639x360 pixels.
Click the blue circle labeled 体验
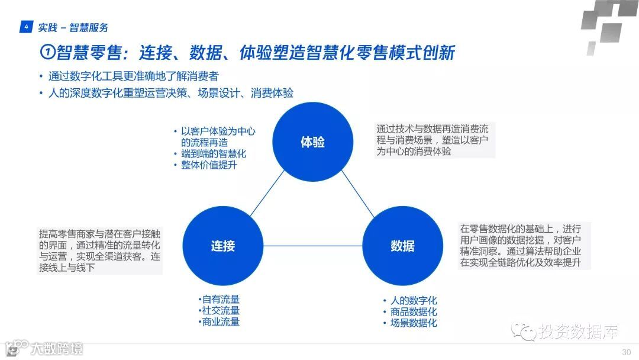pos(312,142)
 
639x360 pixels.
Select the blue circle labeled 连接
pos(223,246)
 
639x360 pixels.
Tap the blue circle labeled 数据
pos(402,246)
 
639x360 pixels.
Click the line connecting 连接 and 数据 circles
pos(312,246)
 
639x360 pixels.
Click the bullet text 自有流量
pos(221,300)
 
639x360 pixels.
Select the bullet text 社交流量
pos(221,311)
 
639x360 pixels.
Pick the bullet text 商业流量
pos(221,322)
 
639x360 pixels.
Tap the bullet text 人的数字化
pos(413,300)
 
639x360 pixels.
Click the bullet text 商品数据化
pos(413,311)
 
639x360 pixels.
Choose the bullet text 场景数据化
pos(413,323)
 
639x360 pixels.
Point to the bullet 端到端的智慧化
pos(213,154)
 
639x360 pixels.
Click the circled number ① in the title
pos(47,53)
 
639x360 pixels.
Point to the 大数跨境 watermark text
pos(56,348)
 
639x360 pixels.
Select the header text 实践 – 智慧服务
pos(73,27)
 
